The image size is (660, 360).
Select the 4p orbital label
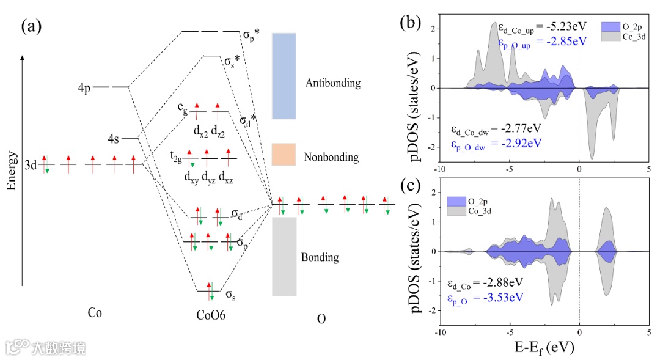tap(84, 88)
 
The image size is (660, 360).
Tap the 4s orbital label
tap(113, 138)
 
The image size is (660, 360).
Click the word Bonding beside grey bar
tap(320, 257)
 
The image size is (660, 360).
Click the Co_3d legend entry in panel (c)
tap(480, 211)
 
